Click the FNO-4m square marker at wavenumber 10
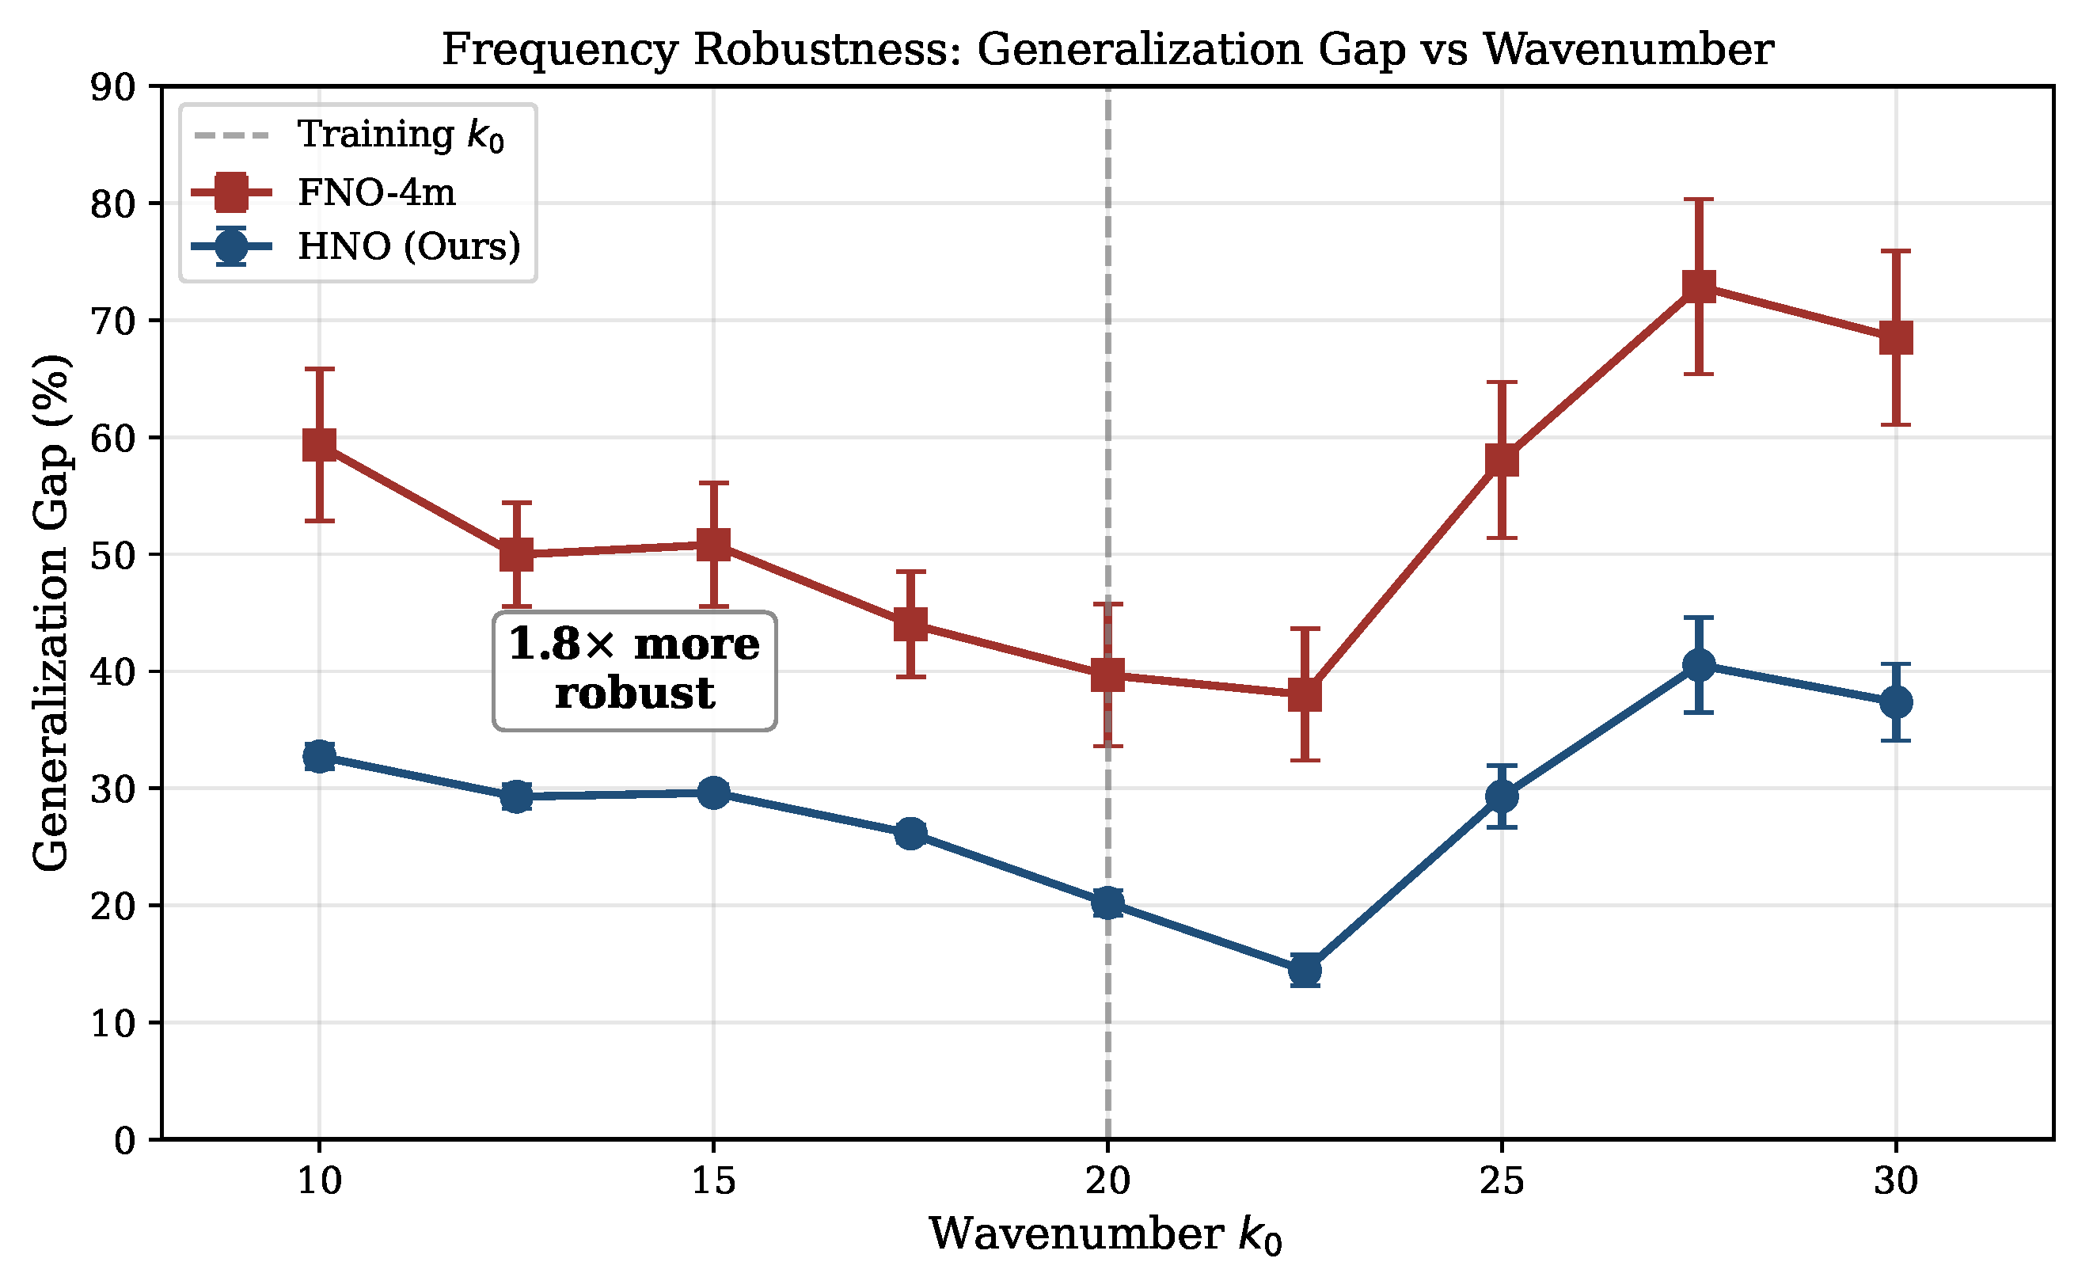tap(319, 444)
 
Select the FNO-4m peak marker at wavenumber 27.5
tap(1699, 287)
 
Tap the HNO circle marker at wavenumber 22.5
tap(1305, 970)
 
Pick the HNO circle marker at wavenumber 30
tap(1896, 702)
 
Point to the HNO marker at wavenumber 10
tap(319, 756)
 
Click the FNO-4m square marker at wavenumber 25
tap(1502, 460)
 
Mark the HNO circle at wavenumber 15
tap(713, 793)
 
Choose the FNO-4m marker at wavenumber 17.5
tap(910, 625)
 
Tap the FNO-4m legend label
tap(377, 192)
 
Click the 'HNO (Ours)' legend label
tap(409, 246)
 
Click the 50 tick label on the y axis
tap(112, 556)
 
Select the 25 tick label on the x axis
tap(1502, 1180)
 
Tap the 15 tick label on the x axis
tap(713, 1180)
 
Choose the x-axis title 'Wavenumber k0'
tap(1106, 1234)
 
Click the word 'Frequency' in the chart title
tap(560, 50)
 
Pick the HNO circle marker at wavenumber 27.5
tap(1699, 665)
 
